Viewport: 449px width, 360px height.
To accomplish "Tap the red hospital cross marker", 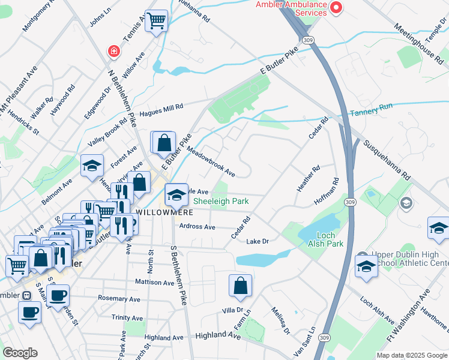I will [113, 52].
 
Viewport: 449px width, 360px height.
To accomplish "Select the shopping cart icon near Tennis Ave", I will [156, 21].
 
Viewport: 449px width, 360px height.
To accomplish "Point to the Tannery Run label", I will [371, 107].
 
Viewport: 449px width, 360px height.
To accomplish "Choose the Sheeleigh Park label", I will [221, 202].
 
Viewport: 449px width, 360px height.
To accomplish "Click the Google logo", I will [20, 353].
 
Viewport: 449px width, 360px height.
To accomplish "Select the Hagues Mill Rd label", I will [161, 110].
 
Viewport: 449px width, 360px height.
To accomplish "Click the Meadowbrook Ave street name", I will [210, 161].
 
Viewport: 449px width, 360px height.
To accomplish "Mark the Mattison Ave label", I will [154, 282].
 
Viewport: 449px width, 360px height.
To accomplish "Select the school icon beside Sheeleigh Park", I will [176, 194].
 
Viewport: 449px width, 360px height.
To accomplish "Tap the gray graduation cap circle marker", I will [406, 203].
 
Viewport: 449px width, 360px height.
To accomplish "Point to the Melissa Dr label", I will [280, 321].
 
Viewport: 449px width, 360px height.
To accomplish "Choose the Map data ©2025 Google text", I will [412, 355].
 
